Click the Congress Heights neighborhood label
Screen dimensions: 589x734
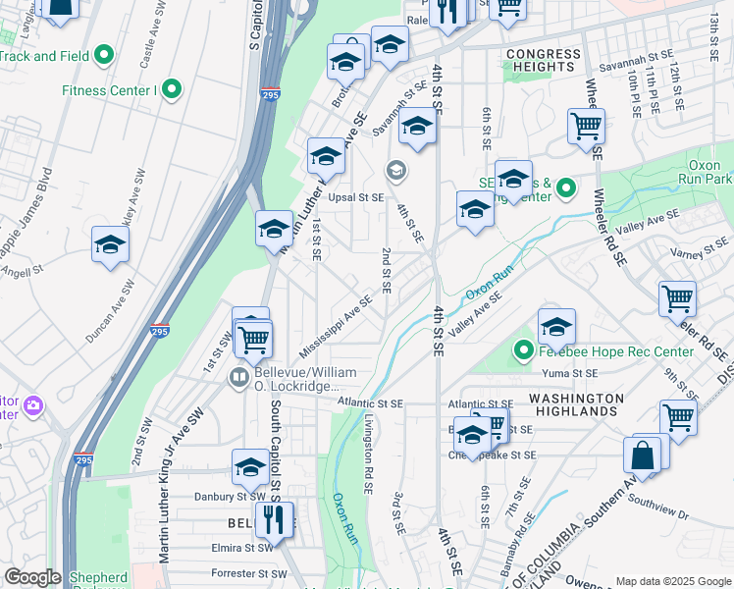(543, 59)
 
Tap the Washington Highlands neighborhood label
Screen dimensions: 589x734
(563, 404)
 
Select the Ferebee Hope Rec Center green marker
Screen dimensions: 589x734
(524, 349)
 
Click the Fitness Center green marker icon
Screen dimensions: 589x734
(173, 90)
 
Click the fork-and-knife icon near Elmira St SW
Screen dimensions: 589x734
(274, 519)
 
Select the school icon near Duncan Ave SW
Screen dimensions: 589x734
(111, 245)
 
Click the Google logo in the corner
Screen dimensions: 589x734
(32, 577)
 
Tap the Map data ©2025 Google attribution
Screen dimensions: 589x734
(672, 581)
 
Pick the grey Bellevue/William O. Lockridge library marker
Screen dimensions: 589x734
(238, 377)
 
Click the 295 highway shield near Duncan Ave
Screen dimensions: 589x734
(159, 332)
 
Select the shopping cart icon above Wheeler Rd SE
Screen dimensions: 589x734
(586, 126)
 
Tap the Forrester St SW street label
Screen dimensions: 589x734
(249, 573)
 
